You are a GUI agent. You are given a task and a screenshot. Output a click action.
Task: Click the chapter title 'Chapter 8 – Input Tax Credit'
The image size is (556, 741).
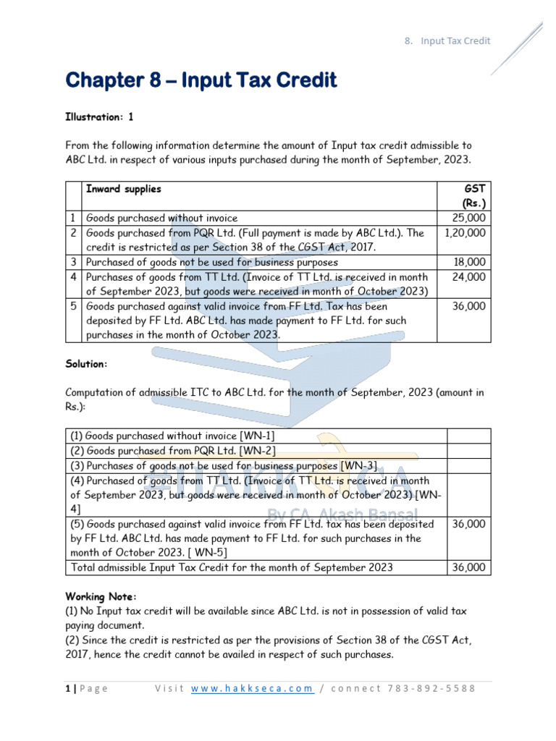[201, 80]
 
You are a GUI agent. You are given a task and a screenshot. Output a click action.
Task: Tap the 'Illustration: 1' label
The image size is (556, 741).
[100, 116]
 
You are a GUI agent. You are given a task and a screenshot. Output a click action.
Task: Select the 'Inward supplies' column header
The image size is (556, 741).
[124, 189]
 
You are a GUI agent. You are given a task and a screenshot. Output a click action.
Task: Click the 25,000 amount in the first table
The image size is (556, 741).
[469, 218]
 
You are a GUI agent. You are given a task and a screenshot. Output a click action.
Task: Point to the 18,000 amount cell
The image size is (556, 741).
[469, 262]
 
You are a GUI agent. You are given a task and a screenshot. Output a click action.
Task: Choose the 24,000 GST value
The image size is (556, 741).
[469, 276]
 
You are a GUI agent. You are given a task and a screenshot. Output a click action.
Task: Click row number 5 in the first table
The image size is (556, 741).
[73, 306]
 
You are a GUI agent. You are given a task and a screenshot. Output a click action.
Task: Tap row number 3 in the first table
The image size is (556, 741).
[73, 262]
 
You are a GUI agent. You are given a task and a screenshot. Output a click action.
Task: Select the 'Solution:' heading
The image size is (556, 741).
[87, 363]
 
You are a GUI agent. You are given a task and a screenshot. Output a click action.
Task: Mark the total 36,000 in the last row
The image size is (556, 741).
[469, 567]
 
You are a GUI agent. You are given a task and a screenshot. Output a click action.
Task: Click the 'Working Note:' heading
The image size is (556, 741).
[101, 596]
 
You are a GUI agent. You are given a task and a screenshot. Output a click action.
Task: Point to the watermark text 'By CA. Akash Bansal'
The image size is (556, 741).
[353, 515]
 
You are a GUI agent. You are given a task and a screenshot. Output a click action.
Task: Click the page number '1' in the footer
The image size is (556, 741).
[67, 688]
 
